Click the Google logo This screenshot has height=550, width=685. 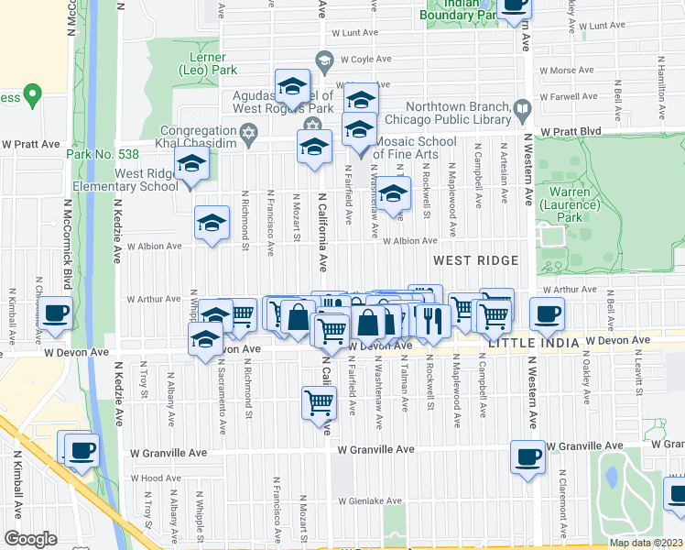[30, 539]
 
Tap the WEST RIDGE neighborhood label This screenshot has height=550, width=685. [475, 261]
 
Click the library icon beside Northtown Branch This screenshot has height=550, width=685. [521, 111]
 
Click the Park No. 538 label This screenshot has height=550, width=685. [96, 154]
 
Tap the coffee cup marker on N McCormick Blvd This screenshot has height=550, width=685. [56, 313]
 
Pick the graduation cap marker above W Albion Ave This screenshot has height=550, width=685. [212, 223]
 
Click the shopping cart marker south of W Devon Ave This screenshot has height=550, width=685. [318, 401]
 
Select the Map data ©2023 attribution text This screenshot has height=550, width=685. [646, 543]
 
